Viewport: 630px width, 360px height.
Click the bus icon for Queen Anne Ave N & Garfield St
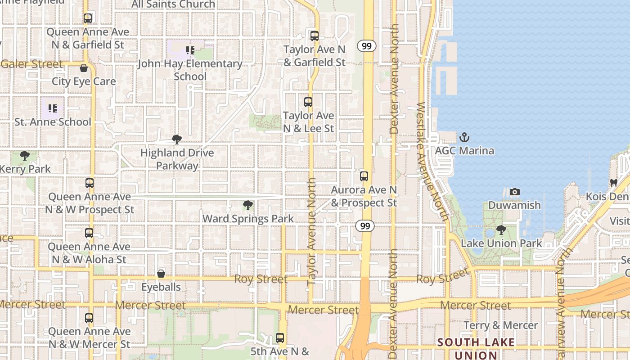pyautogui.click(x=88, y=18)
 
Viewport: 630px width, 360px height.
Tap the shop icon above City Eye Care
pyautogui.click(x=84, y=68)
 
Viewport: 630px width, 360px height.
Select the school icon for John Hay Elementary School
pyautogui.click(x=190, y=50)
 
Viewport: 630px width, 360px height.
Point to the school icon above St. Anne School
pyautogui.click(x=53, y=108)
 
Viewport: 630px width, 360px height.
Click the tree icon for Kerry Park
pyautogui.click(x=25, y=156)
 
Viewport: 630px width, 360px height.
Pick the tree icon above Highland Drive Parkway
pyautogui.click(x=177, y=139)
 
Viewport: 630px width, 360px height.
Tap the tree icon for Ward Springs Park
pyautogui.click(x=247, y=205)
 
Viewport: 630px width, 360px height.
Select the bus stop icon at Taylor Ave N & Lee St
pyautogui.click(x=308, y=102)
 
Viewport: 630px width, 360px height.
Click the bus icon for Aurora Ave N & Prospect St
pyautogui.click(x=364, y=176)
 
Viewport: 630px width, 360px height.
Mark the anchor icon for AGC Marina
pyautogui.click(x=464, y=137)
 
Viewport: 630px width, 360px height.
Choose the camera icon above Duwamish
pyautogui.click(x=515, y=192)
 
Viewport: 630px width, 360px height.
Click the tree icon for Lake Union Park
pyautogui.click(x=501, y=230)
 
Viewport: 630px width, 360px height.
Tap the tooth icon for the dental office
pyautogui.click(x=613, y=183)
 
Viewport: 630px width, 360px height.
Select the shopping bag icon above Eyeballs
pyautogui.click(x=161, y=273)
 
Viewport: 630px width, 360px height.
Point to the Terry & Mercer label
pyautogui.click(x=500, y=325)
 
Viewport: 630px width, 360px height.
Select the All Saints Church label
pyautogui.click(x=173, y=4)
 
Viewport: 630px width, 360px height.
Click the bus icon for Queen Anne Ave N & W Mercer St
pyautogui.click(x=89, y=318)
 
